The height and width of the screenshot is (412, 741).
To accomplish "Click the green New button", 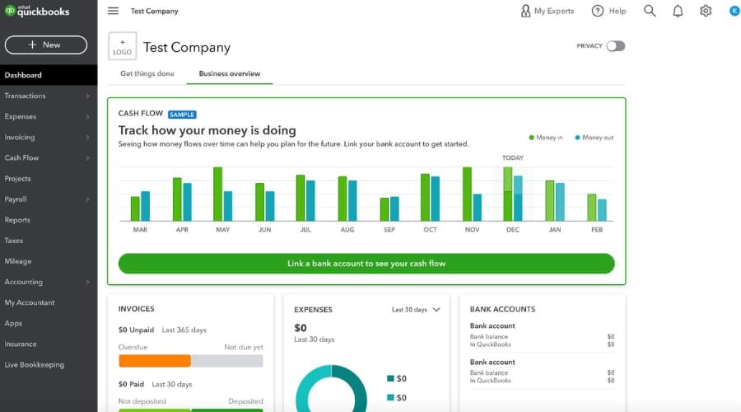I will click(45, 44).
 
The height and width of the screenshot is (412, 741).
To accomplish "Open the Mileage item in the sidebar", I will click(18, 261).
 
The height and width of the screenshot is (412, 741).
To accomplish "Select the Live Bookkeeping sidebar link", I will click(34, 364).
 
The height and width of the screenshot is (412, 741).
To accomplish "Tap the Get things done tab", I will click(147, 73).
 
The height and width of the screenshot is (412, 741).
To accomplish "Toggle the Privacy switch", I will click(615, 46).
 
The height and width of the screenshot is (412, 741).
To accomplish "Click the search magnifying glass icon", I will click(650, 11).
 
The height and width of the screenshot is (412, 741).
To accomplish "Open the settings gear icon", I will click(706, 11).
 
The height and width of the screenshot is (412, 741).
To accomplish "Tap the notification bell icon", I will click(678, 11).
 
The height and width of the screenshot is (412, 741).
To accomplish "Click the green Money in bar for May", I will click(218, 194).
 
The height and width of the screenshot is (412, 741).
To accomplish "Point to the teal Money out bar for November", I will click(477, 207).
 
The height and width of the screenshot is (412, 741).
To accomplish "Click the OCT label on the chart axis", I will click(430, 230).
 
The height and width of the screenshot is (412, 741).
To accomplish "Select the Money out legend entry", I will click(594, 138).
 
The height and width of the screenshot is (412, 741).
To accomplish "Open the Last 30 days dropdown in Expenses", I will click(416, 310).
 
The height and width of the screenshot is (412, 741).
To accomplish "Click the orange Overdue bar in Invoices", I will click(155, 360).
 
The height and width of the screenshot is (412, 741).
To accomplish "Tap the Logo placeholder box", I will click(122, 46).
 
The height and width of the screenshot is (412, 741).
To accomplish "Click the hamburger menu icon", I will click(113, 11).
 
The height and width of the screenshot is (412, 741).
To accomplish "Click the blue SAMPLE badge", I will click(182, 114).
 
